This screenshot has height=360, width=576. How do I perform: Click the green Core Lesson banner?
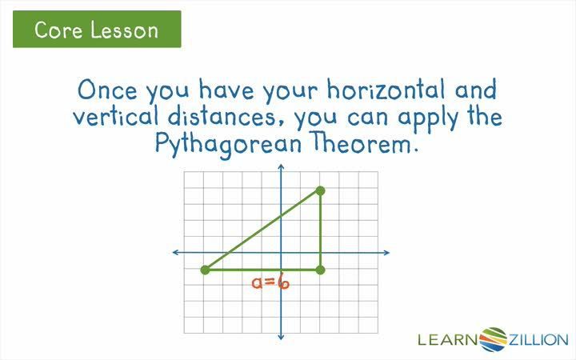point(97,30)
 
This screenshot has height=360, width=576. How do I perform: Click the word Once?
point(105,87)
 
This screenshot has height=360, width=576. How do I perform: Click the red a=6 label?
point(270,282)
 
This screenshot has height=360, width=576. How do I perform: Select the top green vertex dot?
point(320,190)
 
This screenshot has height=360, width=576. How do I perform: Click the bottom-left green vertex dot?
point(205,270)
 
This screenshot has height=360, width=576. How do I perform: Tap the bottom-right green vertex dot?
point(320,270)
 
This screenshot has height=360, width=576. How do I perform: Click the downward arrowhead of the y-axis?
point(281,338)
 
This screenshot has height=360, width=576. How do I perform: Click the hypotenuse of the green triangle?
point(262,230)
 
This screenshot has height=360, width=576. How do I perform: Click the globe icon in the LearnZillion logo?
point(496,338)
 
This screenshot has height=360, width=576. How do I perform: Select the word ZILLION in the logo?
point(538,339)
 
